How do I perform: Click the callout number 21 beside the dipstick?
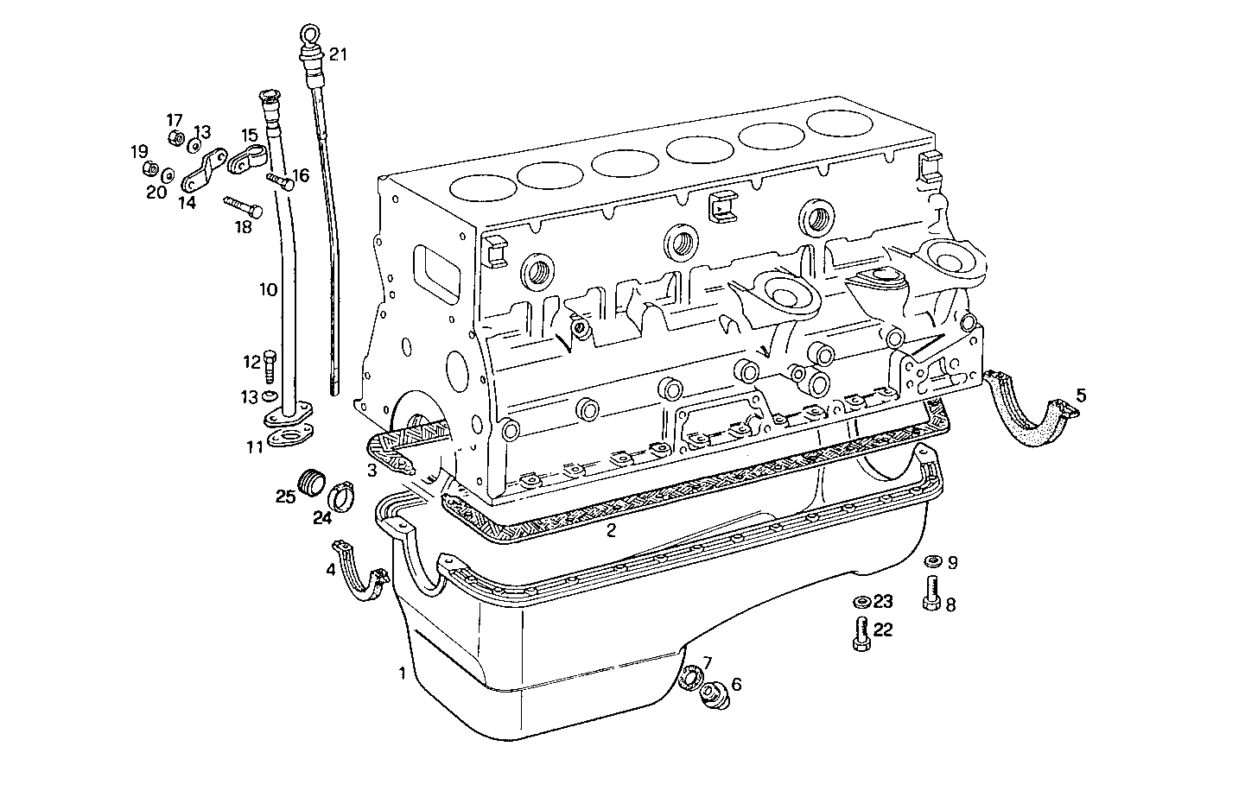(x=337, y=55)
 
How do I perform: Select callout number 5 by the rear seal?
(x=1081, y=395)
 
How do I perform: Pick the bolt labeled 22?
(x=861, y=636)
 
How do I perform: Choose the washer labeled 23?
(x=861, y=602)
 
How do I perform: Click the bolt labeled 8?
(x=931, y=594)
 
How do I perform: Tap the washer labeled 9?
(x=931, y=562)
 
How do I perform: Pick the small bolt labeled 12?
(x=270, y=366)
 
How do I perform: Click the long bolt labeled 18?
(x=245, y=207)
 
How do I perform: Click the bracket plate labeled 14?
(x=201, y=171)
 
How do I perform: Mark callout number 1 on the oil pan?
(x=402, y=673)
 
